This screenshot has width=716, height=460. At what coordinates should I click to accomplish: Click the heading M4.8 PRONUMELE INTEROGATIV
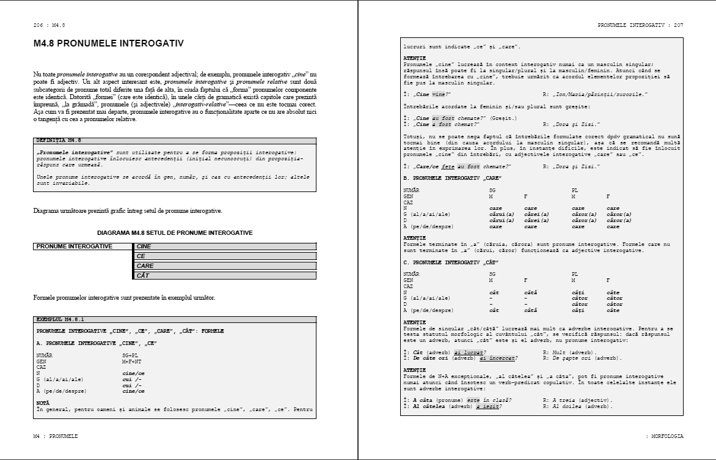coord(109,44)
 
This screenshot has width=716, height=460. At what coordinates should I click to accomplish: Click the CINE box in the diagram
coord(225,247)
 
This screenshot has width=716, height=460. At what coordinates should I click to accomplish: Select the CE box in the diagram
coord(225,256)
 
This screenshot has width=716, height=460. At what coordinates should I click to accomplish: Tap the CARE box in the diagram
coord(225,266)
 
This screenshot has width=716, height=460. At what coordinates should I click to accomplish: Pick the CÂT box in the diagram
coord(225,276)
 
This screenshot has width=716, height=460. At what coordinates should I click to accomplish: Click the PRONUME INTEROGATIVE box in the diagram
coord(83,247)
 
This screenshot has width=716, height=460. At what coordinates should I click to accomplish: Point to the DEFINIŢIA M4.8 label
coord(59,140)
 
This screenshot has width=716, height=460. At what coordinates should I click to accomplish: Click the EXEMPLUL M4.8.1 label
coord(60,319)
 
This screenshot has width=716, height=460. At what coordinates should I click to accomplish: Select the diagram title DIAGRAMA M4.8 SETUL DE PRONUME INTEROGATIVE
coord(175,233)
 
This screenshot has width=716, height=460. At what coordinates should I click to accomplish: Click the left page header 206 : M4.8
coord(49,25)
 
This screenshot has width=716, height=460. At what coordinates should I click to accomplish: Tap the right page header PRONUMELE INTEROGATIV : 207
coord(640,25)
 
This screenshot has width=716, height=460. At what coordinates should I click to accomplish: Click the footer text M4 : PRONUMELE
coord(56,436)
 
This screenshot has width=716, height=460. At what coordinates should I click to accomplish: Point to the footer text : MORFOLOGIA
coord(664,436)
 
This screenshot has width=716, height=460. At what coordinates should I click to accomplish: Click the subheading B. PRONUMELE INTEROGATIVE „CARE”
coord(452,177)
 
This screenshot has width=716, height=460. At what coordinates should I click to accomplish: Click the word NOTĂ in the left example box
coord(43,402)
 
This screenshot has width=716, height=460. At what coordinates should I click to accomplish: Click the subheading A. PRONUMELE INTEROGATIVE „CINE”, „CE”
coord(97,343)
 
